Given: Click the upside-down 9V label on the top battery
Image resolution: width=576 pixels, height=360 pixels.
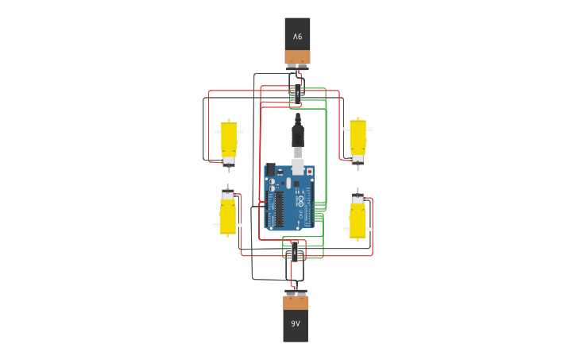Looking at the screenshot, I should [297, 37].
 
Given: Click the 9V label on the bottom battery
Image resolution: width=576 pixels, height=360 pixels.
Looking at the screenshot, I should [296, 323].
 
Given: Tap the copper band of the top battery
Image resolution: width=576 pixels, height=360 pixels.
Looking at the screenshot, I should [297, 56].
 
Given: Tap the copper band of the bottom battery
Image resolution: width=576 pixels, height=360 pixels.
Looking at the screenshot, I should [296, 303].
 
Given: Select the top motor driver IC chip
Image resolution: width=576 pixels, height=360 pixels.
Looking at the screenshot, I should [298, 92].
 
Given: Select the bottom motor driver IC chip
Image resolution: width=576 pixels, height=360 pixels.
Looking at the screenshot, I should [296, 250].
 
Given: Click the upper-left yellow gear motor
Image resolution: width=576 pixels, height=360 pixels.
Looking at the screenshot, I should [229, 139].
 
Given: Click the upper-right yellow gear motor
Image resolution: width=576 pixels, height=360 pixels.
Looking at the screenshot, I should [358, 137].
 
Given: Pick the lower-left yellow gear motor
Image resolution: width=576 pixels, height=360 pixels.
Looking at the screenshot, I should [227, 216].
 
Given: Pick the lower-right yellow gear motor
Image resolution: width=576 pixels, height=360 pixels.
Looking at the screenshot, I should [358, 218].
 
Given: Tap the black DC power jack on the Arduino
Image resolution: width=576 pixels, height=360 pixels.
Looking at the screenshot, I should [270, 169].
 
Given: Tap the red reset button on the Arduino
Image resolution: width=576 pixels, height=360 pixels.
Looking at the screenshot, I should [309, 171].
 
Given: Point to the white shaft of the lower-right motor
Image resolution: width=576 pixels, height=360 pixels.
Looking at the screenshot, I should [346, 229].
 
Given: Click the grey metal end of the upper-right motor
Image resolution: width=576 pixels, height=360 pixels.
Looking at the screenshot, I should [358, 159].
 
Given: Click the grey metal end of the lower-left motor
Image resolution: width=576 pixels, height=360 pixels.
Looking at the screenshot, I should [227, 194].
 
